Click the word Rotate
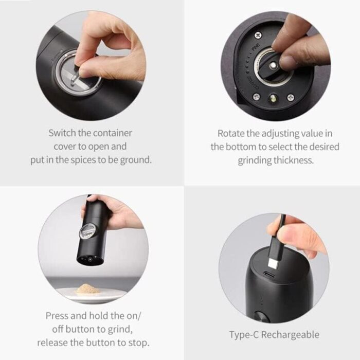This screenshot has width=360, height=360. pos(231,133)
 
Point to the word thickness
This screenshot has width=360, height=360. pos(294,160)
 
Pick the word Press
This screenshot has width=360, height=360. pos(57,316)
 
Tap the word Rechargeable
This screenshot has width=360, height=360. pos(290,335)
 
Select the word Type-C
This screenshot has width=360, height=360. pos(244,335)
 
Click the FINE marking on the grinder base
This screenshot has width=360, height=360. pos(256,47)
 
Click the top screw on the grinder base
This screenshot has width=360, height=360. pos(258,35)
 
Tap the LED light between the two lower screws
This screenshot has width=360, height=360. pos(274,99)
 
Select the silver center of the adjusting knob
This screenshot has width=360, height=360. pos(273,66)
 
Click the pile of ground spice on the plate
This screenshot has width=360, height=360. pos(88,289)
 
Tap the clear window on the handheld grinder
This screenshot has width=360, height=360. pos(88,231)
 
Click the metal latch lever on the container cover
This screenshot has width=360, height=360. pos(75,77)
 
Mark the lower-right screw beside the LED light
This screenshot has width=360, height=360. pos(291,97)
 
